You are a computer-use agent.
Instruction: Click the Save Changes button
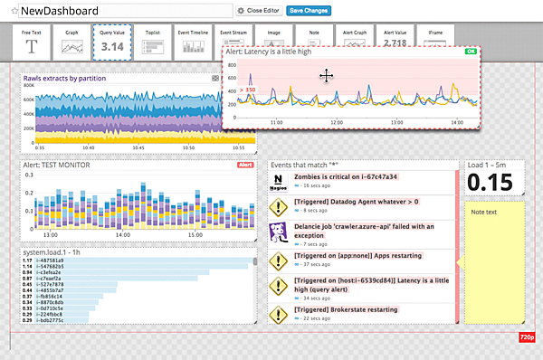309,11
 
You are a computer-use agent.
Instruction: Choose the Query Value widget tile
113,42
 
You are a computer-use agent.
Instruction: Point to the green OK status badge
469,52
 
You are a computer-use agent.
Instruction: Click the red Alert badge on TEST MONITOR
244,166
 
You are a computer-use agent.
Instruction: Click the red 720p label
526,336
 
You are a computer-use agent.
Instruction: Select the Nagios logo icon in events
279,182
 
